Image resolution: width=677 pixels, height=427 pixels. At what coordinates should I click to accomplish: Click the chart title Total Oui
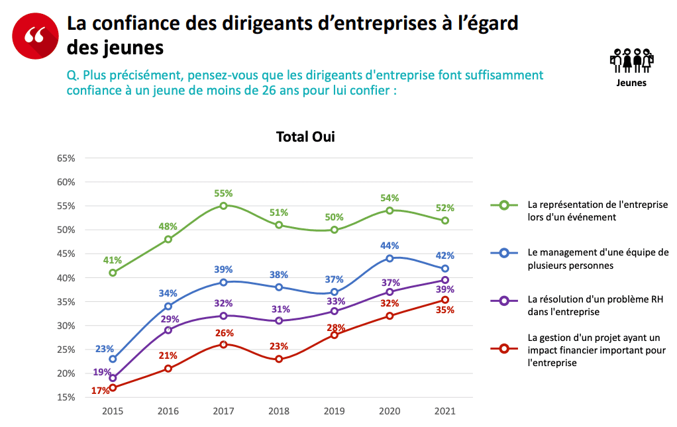click(305, 137)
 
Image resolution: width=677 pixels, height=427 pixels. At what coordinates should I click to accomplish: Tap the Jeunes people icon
click(631, 61)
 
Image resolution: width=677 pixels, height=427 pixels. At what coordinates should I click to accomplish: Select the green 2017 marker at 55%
click(223, 206)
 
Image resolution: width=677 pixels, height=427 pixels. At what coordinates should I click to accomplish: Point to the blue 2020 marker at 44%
click(390, 258)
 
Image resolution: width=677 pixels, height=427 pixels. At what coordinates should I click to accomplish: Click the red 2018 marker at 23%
click(279, 359)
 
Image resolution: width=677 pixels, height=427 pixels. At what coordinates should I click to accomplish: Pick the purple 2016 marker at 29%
click(168, 330)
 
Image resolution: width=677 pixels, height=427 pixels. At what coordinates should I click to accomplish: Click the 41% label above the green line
click(113, 260)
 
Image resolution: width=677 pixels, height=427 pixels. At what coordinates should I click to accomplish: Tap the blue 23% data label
click(105, 348)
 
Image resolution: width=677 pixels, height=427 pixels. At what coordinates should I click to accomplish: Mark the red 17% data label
click(100, 391)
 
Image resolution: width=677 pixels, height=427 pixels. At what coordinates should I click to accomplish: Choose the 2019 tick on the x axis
click(334, 411)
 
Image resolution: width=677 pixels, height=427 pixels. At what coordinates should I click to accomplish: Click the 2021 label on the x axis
click(445, 411)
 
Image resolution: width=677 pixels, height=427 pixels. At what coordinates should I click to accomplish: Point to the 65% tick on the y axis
click(66, 158)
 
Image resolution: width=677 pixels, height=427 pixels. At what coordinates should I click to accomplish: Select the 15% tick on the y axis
click(66, 397)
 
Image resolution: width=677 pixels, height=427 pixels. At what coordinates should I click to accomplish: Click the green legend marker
click(504, 205)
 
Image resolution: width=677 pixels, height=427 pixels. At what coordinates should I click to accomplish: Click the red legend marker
click(504, 349)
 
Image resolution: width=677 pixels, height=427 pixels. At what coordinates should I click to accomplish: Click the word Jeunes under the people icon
click(631, 83)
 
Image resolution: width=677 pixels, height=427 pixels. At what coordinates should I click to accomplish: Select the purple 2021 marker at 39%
click(445, 280)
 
